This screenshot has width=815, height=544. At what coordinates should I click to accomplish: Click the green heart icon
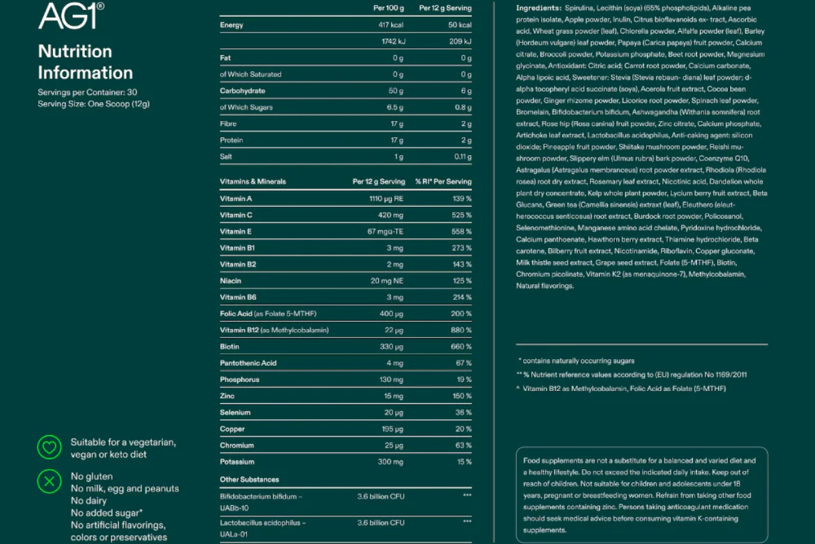pos(49,447)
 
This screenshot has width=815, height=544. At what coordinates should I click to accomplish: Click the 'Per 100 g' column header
pos(388,8)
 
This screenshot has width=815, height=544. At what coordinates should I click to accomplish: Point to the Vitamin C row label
pos(236,215)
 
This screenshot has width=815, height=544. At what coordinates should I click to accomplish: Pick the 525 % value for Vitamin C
pos(462,215)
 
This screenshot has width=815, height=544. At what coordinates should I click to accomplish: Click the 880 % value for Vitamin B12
pos(462,330)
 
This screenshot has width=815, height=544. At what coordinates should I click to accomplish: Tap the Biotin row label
pos(230,347)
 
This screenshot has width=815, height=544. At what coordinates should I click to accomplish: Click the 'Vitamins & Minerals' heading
pos(253,182)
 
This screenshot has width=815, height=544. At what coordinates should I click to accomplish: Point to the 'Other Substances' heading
pos(249,479)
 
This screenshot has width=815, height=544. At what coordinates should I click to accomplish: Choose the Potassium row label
pos(237,462)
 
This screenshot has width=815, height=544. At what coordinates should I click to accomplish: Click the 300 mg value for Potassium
pos(390,462)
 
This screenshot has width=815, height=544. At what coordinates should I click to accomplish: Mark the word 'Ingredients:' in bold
pos(538,8)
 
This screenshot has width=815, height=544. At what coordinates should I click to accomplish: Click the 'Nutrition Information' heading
pos(85,62)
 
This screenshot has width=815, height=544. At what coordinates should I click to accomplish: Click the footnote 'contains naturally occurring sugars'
pos(579,361)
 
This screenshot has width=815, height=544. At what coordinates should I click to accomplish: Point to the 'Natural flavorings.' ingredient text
pos(545,286)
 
